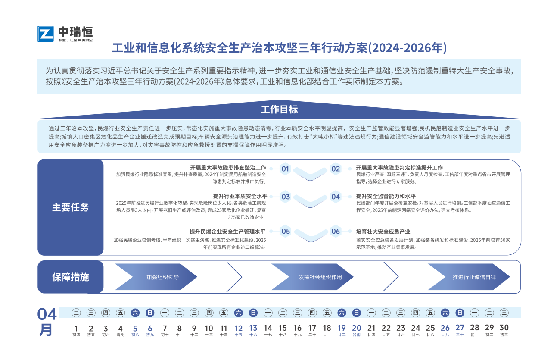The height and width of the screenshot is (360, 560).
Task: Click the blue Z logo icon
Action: [x=46, y=34]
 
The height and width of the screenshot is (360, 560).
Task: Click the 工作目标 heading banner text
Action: [x=279, y=110]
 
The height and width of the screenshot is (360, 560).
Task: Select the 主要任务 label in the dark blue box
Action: [x=71, y=207]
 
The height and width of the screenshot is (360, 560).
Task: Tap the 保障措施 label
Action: [x=71, y=277]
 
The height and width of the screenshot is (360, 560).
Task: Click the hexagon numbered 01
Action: [x=285, y=169]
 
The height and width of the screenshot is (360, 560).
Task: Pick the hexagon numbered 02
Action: [x=336, y=169]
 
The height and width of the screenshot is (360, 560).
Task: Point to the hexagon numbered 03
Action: [x=286, y=197]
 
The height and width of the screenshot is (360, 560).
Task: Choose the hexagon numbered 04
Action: [x=336, y=197]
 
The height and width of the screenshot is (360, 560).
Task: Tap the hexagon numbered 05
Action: [x=286, y=231]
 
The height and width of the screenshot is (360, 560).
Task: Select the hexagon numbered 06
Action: [x=336, y=231]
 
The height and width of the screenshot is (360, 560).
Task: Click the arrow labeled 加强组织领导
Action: [x=156, y=277]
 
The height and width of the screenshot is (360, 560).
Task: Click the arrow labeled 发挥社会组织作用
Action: [x=312, y=277]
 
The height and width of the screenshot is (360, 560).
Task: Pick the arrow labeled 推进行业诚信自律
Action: [x=469, y=277]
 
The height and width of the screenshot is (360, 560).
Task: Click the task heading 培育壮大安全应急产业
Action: [x=383, y=232]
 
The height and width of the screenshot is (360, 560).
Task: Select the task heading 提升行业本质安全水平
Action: [x=240, y=196]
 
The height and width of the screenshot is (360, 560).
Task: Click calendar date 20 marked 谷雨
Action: [x=357, y=330]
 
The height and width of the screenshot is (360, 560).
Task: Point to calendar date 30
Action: [x=504, y=330]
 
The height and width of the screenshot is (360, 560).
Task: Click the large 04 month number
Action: [x=47, y=314]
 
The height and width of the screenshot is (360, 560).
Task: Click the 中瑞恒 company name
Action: [x=75, y=32]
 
